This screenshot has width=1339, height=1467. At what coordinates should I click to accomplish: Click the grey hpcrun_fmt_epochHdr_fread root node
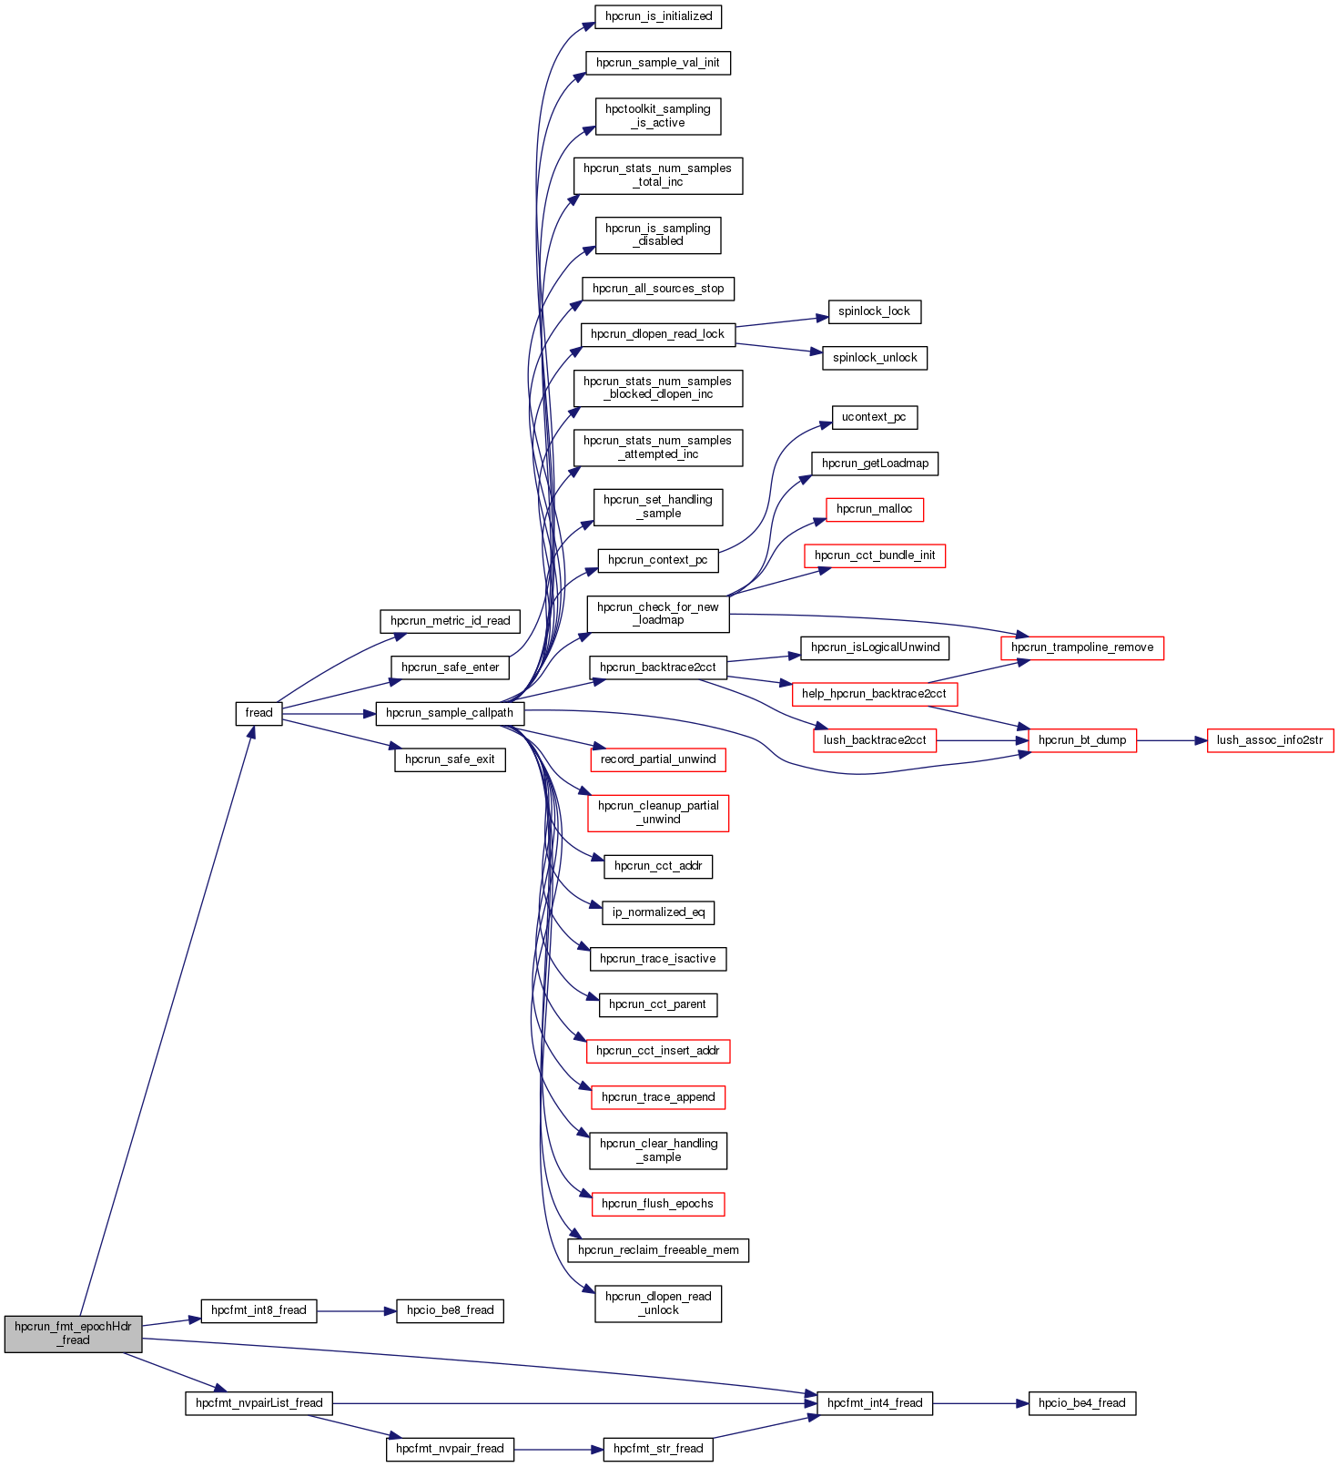pyautogui.click(x=73, y=1333)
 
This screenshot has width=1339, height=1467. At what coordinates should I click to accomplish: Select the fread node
pyautogui.click(x=259, y=713)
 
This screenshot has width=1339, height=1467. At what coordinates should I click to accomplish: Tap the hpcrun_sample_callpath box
pyautogui.click(x=450, y=713)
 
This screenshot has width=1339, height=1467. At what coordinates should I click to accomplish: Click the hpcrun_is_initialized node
pyautogui.click(x=658, y=16)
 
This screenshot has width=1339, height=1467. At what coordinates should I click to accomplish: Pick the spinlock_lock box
pyautogui.click(x=874, y=311)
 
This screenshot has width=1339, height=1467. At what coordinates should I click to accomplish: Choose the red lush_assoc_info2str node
pyautogui.click(x=1270, y=740)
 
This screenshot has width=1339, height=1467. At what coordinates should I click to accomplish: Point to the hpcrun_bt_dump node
pyautogui.click(x=1082, y=740)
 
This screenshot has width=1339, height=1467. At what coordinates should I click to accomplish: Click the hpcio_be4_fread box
pyautogui.click(x=1081, y=1403)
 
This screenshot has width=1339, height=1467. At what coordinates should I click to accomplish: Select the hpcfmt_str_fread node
pyautogui.click(x=658, y=1449)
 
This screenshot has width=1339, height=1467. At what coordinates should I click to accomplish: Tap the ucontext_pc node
pyautogui.click(x=874, y=417)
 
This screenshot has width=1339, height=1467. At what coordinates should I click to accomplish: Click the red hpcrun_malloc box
pyautogui.click(x=874, y=509)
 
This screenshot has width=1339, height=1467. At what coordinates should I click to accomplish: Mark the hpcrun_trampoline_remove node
pyautogui.click(x=1082, y=647)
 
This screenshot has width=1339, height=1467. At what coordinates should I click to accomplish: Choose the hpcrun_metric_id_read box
pyautogui.click(x=450, y=621)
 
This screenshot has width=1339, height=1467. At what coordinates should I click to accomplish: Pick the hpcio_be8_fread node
pyautogui.click(x=450, y=1310)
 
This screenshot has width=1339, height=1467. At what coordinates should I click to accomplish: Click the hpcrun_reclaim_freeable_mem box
pyautogui.click(x=658, y=1250)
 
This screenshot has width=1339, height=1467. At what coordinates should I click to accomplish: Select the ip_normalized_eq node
pyautogui.click(x=658, y=912)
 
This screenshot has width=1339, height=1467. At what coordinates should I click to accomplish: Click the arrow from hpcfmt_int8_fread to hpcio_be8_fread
pyautogui.click(x=356, y=1311)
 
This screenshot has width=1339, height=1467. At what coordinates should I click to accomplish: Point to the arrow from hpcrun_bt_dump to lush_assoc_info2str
pyautogui.click(x=1172, y=740)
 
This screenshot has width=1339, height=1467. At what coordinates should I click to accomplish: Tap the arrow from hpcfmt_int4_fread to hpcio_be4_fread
pyautogui.click(x=980, y=1403)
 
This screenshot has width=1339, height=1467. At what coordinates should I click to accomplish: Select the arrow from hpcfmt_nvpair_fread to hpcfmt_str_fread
pyautogui.click(x=558, y=1449)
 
